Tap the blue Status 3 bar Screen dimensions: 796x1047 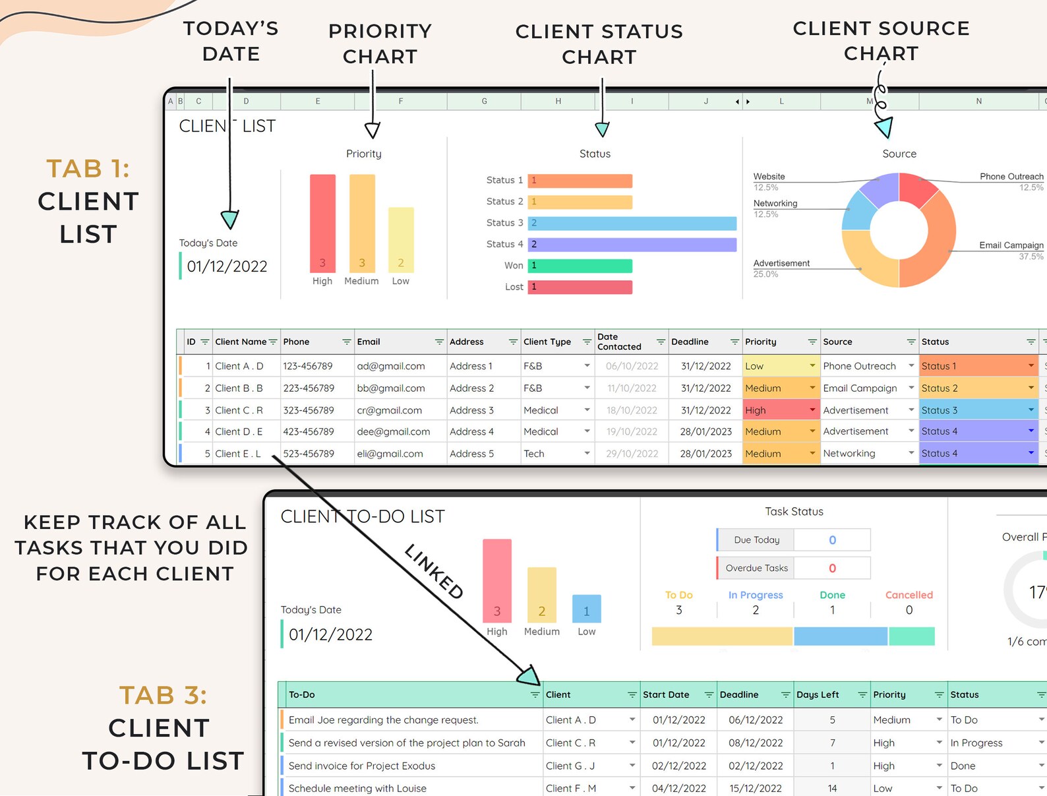point(632,224)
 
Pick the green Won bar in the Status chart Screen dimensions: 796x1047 point(580,266)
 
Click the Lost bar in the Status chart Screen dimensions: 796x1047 point(580,287)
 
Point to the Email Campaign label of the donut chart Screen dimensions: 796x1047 point(1011,245)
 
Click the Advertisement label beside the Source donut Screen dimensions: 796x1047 point(781,263)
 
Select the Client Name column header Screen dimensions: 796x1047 point(241,342)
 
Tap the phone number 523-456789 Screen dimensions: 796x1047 point(309,454)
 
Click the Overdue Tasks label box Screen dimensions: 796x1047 point(756,568)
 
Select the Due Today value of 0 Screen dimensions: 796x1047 point(832,540)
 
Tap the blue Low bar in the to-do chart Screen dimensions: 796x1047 point(586,609)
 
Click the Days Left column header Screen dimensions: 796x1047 point(818,694)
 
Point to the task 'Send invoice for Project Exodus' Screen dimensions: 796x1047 point(362,766)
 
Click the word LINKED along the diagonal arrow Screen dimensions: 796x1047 point(434,571)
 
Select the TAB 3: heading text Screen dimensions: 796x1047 point(163,695)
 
